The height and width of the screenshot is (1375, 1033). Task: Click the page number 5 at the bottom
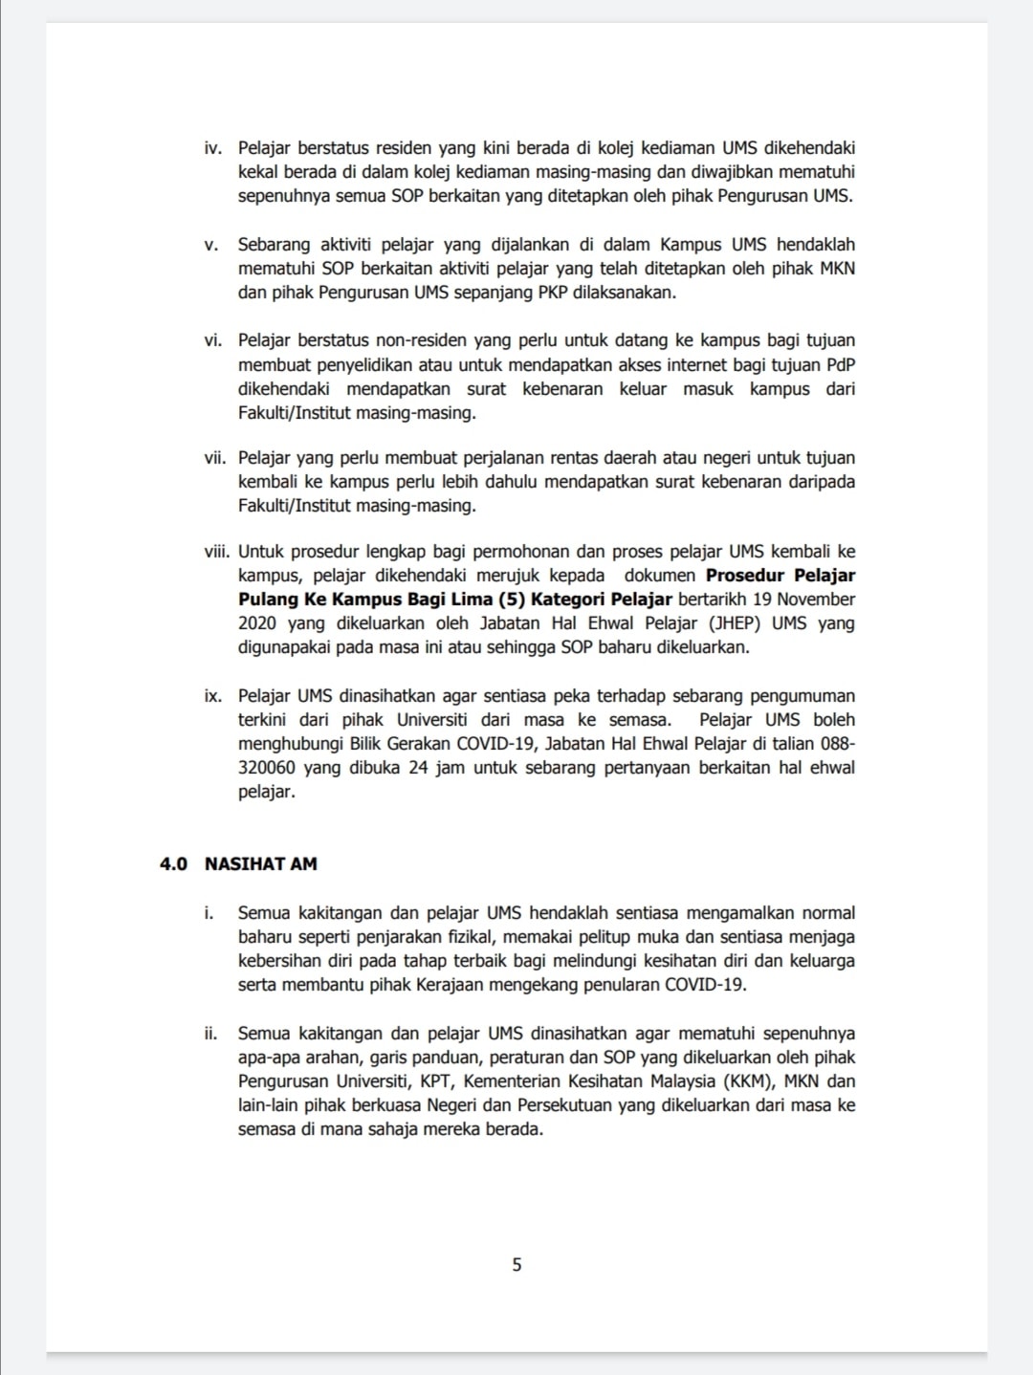click(x=516, y=1265)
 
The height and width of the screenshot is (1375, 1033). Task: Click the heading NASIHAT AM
click(x=260, y=863)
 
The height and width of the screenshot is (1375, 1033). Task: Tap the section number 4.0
click(x=173, y=863)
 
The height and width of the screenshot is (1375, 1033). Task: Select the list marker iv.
click(x=212, y=148)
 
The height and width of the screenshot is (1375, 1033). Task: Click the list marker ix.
click(x=212, y=696)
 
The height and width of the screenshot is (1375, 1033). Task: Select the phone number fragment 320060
click(x=266, y=768)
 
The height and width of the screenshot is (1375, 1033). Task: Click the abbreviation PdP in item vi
click(x=841, y=364)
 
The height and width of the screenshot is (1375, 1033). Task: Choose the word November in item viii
click(x=816, y=600)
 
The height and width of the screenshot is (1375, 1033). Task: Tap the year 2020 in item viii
click(x=257, y=623)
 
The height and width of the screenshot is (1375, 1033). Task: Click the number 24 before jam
click(x=417, y=768)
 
